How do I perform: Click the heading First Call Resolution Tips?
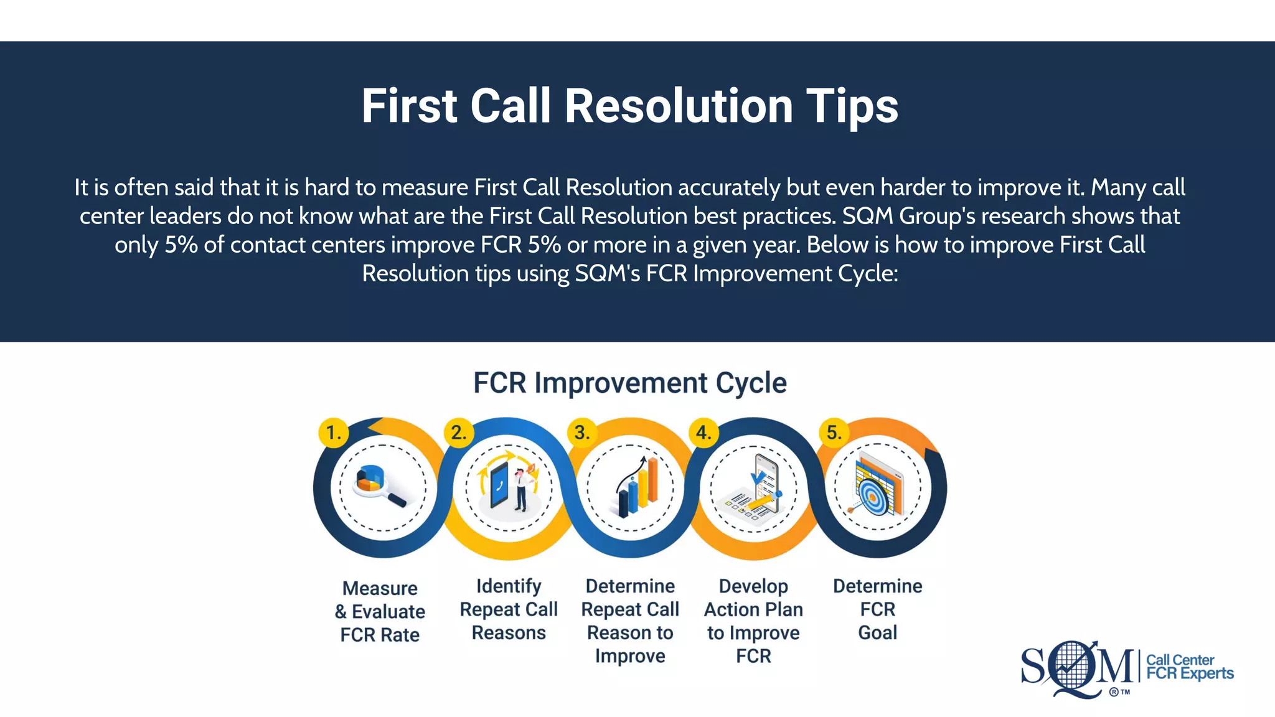coord(629,106)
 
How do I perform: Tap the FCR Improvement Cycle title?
coord(629,383)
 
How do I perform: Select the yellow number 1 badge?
coord(333,433)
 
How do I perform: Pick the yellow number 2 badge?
coord(459,433)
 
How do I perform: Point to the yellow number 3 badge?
coord(582,433)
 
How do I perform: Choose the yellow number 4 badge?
coord(703,433)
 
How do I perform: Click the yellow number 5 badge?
coord(834,433)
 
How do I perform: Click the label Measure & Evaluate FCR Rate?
coord(380,611)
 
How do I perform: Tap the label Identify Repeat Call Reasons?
coord(509,609)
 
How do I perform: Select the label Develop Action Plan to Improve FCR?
coord(753,621)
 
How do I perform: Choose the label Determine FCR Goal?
coord(877,609)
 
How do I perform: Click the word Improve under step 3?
coord(630,656)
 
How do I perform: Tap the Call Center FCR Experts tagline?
coord(1189,667)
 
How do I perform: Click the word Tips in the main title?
coord(852,106)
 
